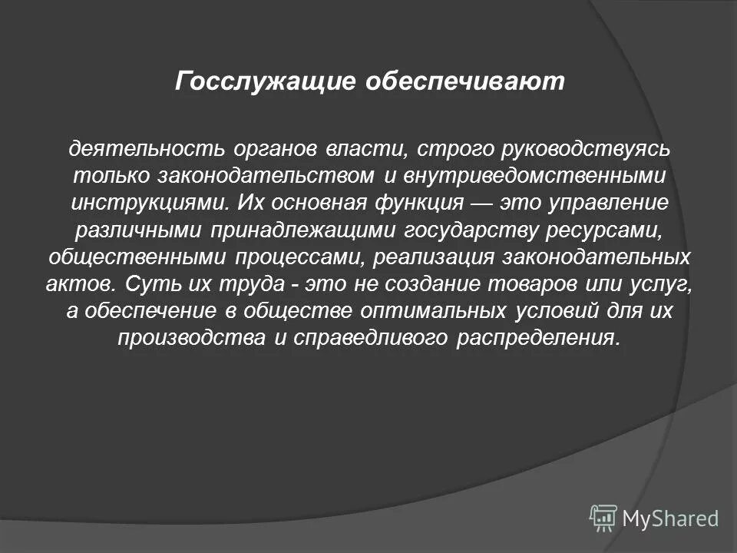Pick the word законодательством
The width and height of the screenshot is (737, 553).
[x=267, y=175]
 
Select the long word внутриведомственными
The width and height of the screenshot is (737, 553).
[x=532, y=175]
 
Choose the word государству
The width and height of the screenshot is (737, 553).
[x=454, y=232]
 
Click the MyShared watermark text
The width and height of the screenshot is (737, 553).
[x=670, y=519]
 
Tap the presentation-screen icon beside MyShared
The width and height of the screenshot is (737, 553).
[x=603, y=518]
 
